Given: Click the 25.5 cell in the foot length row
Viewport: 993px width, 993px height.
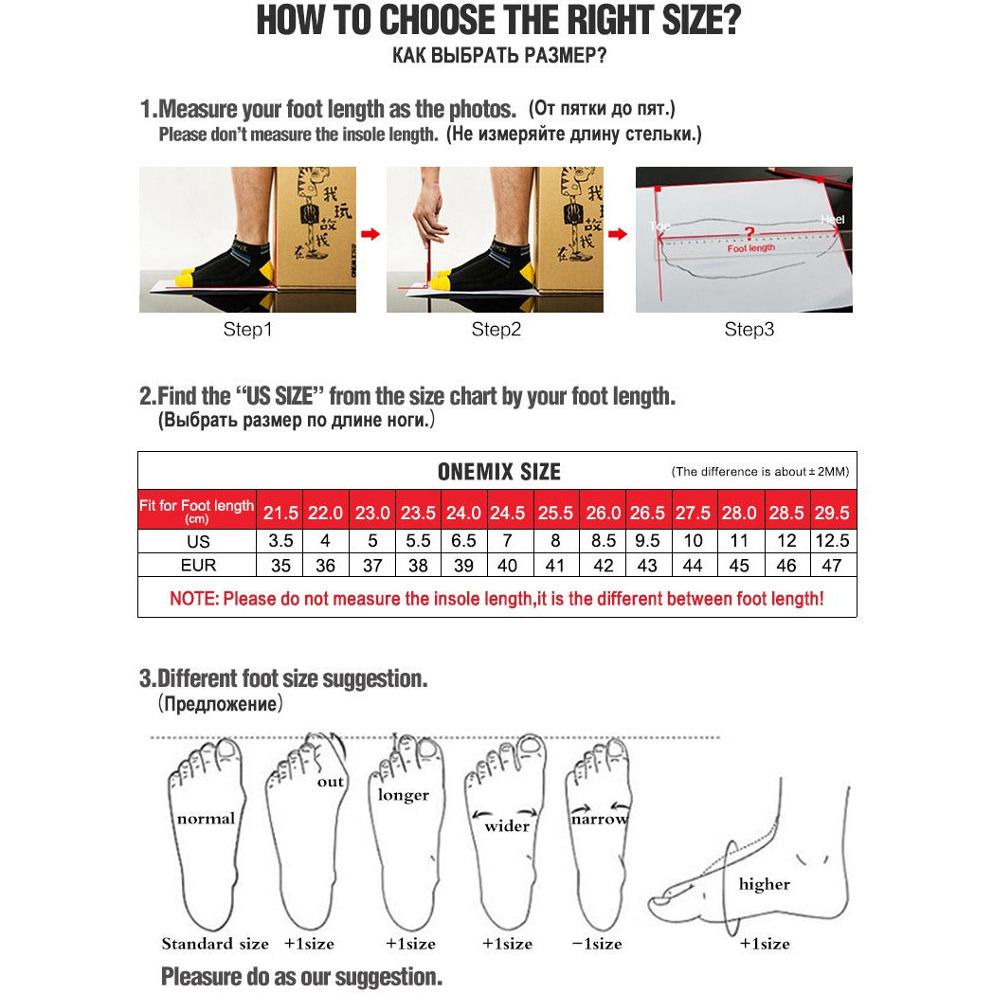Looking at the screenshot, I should (556, 513).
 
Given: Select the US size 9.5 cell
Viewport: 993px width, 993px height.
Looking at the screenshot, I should (647, 541).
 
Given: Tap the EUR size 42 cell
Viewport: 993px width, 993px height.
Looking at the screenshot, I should (603, 566).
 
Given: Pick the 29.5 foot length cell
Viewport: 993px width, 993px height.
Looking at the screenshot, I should (832, 513).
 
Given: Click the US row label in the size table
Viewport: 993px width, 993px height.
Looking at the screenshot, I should (198, 542).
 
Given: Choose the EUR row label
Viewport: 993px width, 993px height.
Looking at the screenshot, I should (198, 566).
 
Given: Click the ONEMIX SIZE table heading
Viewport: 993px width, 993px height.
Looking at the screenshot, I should (498, 472).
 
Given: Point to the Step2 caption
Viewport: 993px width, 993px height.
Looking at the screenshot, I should (496, 330).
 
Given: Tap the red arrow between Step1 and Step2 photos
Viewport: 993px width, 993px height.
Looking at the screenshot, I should (370, 234).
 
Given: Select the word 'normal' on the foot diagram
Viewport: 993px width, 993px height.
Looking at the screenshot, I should (206, 818).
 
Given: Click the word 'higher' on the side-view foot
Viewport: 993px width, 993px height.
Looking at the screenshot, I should (764, 884).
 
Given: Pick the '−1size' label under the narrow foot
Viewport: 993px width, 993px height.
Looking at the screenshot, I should (597, 944).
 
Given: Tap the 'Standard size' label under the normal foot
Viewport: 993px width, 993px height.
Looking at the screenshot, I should (215, 944).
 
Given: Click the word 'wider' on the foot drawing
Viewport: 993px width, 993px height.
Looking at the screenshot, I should (507, 826).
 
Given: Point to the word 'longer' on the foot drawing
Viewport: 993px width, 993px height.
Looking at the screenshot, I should (404, 795).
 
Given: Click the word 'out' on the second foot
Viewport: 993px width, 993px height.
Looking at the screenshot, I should (331, 782).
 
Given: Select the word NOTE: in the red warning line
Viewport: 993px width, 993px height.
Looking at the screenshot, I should (193, 599).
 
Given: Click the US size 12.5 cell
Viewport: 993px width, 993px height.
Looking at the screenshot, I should (832, 541).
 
